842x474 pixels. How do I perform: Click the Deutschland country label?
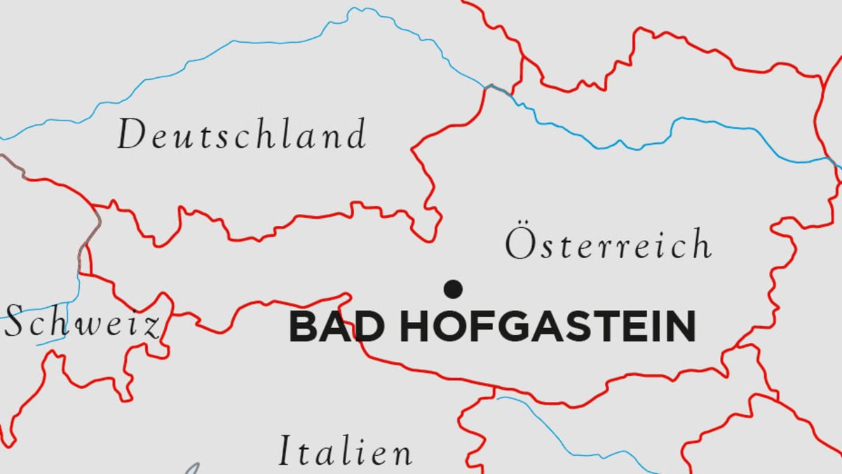[x=241, y=135]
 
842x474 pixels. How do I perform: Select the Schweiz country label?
[x=83, y=324]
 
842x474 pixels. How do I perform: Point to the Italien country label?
[x=346, y=451]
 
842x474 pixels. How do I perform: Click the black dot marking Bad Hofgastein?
[x=454, y=288]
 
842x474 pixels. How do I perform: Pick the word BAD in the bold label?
[x=337, y=327]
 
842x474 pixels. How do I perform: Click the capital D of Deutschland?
[x=130, y=135]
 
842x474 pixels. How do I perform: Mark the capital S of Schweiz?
[x=15, y=324]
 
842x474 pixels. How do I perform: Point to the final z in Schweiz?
[x=151, y=327]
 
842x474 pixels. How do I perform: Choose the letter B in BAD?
[x=304, y=327]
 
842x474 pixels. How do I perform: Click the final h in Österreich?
[x=700, y=244]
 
